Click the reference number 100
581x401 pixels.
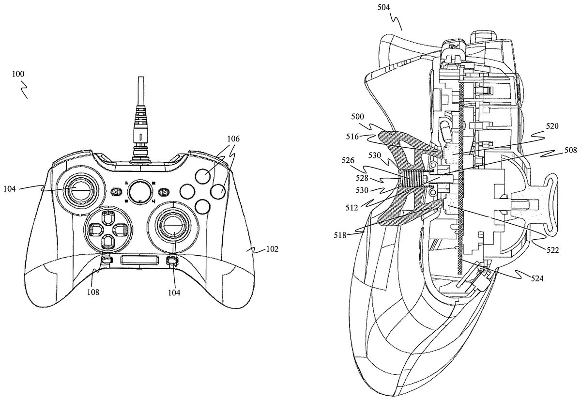[x=18, y=74]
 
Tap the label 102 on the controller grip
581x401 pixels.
[x=272, y=249]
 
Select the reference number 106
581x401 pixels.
[x=233, y=139]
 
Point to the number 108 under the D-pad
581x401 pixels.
[x=93, y=293]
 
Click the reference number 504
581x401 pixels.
[x=383, y=8]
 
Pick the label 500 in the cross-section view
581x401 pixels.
[x=358, y=116]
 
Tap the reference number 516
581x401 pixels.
[x=352, y=137]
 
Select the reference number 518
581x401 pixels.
[x=340, y=235]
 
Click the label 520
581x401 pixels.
[x=552, y=126]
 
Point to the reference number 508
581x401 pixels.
[x=571, y=150]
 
